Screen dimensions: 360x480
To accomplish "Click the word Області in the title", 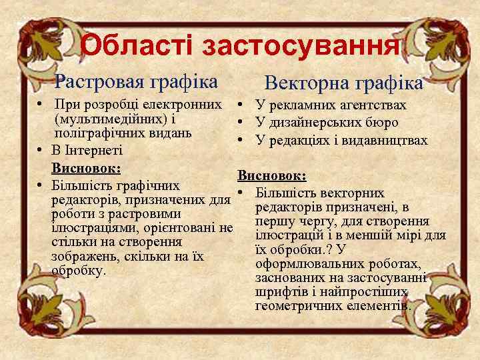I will tap(137, 45).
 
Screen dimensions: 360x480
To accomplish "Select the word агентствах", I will tap(371, 105).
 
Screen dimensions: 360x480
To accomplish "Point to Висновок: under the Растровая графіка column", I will tap(86, 167).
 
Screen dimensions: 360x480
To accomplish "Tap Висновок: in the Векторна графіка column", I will tap(272, 175).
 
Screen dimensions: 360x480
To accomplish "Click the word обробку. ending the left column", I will tap(79, 271).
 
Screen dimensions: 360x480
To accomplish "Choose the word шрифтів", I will tap(277, 292).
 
